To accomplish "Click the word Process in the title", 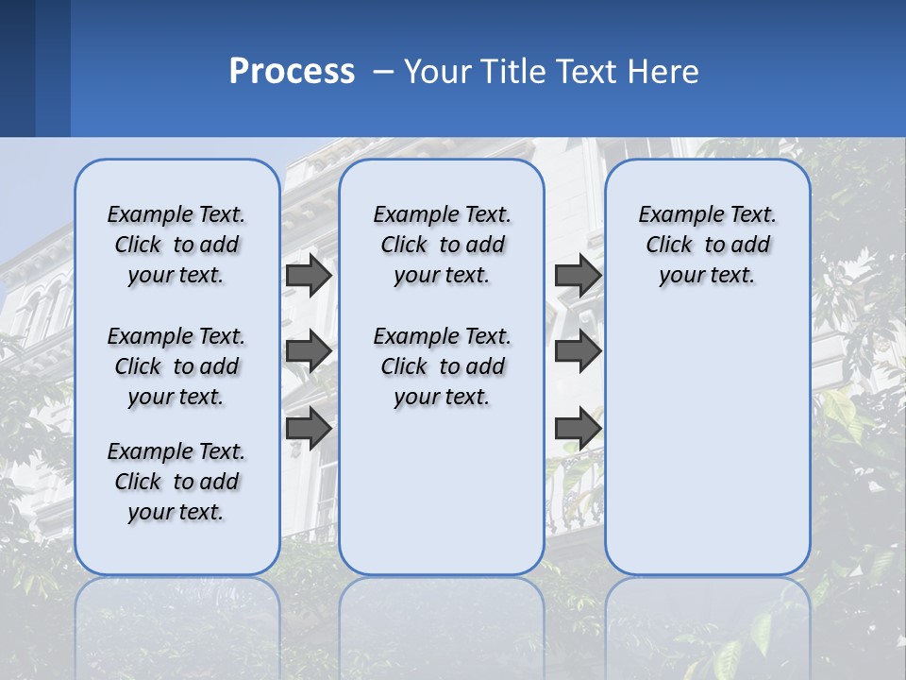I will pos(292,72).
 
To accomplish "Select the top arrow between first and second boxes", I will pos(309,275).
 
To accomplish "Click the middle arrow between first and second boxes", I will pos(309,352).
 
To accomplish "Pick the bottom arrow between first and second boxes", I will pos(309,429).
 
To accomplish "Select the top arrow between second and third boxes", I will pos(578,275).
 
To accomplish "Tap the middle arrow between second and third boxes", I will pos(578,352).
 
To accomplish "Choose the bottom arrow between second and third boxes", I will pos(578,429).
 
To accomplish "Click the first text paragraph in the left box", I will pos(176,245).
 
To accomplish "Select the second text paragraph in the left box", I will pos(176,366).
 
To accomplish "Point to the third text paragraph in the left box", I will pos(176,482).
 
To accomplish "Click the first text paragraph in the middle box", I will pos(442,245).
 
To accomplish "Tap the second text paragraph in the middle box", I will pos(442,366).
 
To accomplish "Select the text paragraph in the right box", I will pos(707,245).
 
